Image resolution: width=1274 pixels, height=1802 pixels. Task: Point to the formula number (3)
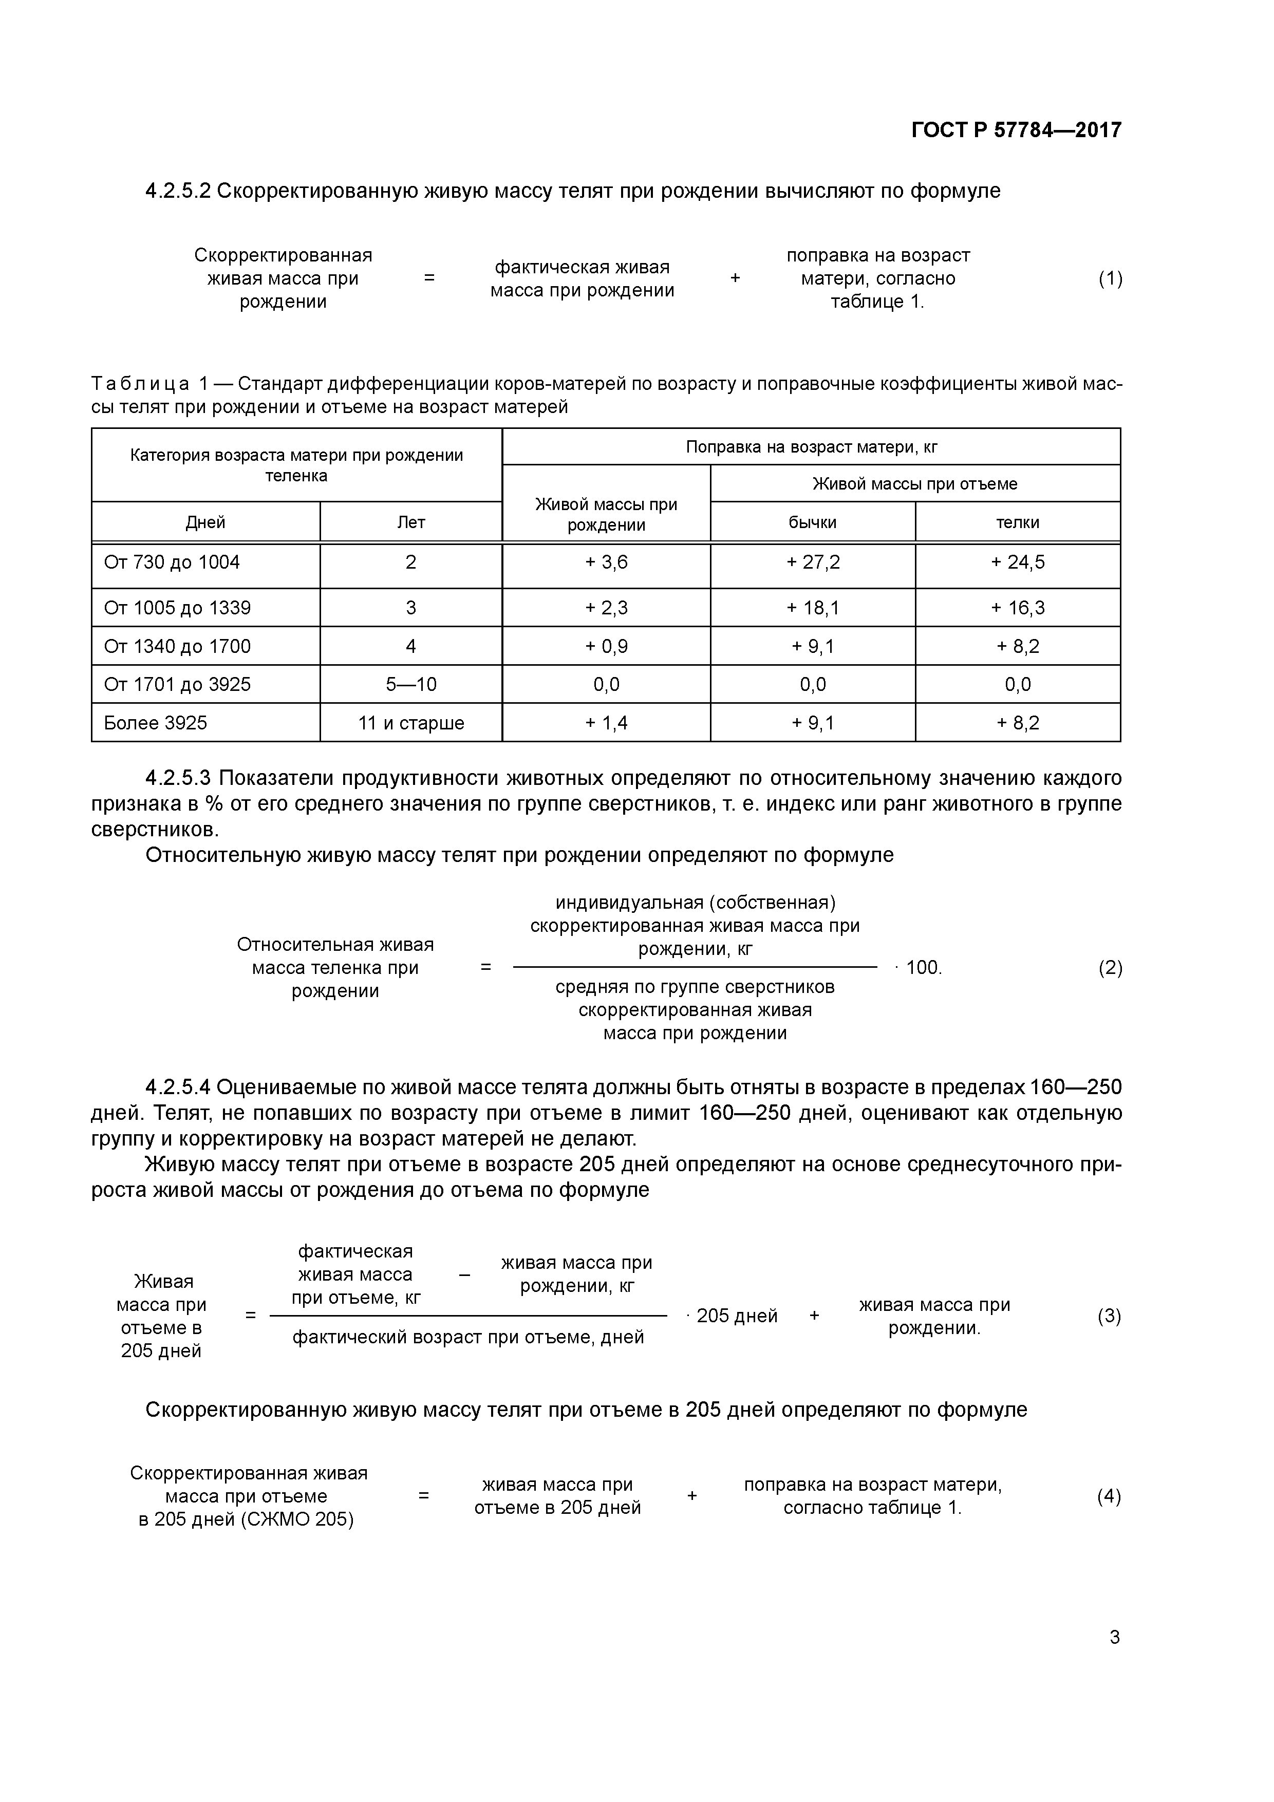pos(1109,1316)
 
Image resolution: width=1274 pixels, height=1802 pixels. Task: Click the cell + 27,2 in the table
pos(813,562)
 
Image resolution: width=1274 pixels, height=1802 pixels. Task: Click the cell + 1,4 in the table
pos(606,723)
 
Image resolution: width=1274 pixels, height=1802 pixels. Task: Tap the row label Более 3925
pos(156,723)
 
